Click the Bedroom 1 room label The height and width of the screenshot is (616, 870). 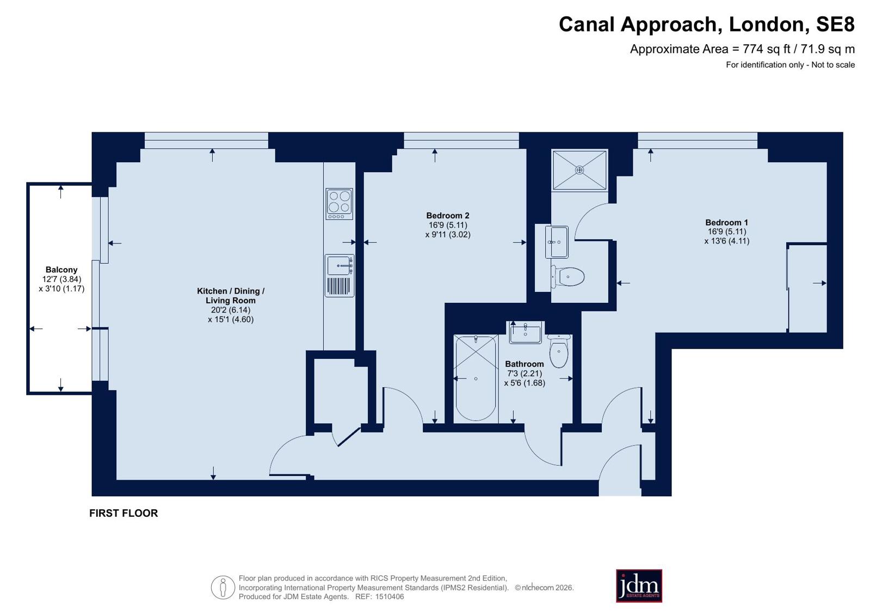coord(726,222)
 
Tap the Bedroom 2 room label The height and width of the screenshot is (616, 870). coord(448,216)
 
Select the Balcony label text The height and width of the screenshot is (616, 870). coord(61,270)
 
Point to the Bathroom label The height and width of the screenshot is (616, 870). coord(525,364)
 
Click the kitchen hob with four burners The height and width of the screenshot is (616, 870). coord(340,204)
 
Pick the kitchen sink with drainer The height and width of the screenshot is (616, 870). coord(340,276)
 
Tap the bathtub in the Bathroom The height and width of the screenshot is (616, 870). coord(476,379)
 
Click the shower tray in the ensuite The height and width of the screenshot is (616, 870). coord(579,170)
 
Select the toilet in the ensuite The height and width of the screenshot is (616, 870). coord(567,277)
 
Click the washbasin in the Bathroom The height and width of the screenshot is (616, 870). coord(525,332)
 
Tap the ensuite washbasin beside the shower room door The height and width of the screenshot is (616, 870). coord(557,242)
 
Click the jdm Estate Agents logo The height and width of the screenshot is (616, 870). coord(639,585)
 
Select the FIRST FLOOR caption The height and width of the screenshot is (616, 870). coord(124,513)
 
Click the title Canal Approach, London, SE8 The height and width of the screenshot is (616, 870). coord(706,25)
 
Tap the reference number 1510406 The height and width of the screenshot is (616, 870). coord(390,596)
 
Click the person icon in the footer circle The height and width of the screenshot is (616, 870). coord(223,587)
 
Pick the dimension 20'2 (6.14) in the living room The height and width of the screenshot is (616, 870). coord(231,310)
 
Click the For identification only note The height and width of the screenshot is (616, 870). coord(791,65)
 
